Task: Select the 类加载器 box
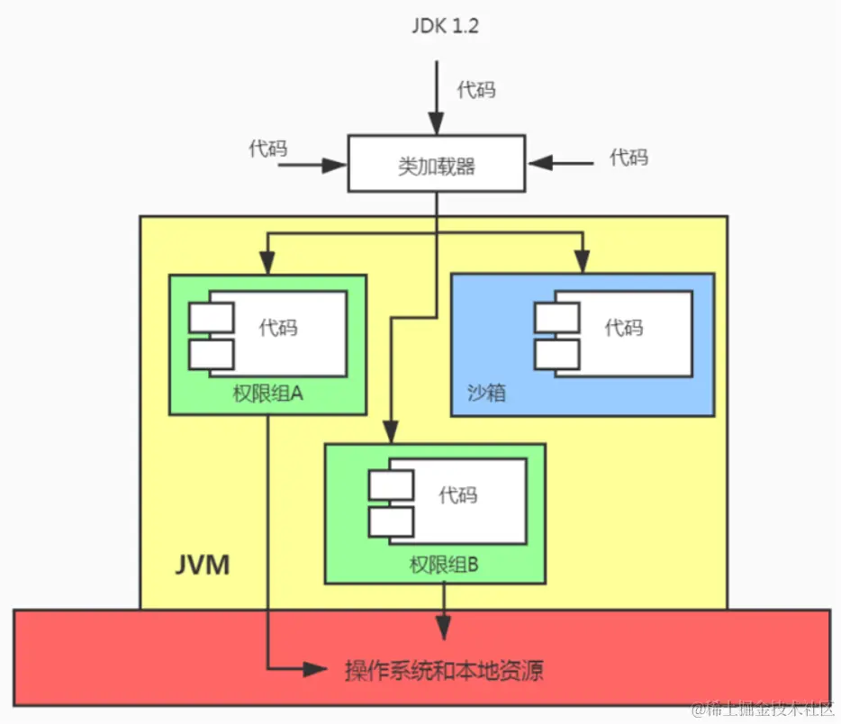pyautogui.click(x=437, y=164)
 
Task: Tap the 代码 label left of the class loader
pyautogui.click(x=268, y=149)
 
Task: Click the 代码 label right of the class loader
pyautogui.click(x=628, y=157)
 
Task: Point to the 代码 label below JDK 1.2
pyautogui.click(x=475, y=89)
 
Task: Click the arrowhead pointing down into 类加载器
pyautogui.click(x=437, y=127)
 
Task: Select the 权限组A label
pyautogui.click(x=267, y=394)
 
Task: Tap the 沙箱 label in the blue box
pyautogui.click(x=486, y=393)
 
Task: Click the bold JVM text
pyautogui.click(x=202, y=566)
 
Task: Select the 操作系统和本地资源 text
pyautogui.click(x=444, y=670)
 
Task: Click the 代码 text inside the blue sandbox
pyautogui.click(x=624, y=327)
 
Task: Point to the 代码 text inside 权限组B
pyautogui.click(x=457, y=494)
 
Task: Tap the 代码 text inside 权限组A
pyautogui.click(x=278, y=327)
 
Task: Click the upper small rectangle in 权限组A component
pyautogui.click(x=211, y=317)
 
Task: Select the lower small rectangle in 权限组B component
pyautogui.click(x=391, y=521)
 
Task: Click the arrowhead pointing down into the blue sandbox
pyautogui.click(x=583, y=264)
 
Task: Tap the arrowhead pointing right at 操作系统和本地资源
pyautogui.click(x=315, y=668)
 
